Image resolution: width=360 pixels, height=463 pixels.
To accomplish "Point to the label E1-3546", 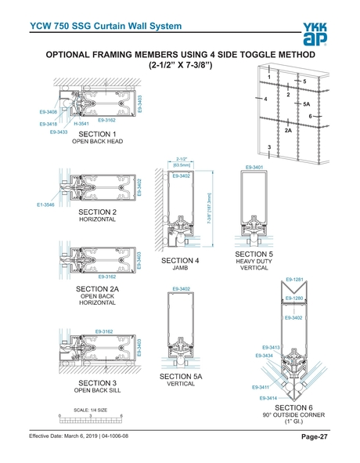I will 46,204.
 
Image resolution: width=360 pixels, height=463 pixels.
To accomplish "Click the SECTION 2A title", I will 98,289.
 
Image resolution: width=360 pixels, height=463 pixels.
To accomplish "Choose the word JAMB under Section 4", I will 181,267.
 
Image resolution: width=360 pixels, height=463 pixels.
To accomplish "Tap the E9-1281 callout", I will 294,279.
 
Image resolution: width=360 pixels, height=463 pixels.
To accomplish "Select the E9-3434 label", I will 265,356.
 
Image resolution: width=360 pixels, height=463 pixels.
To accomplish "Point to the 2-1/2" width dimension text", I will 181,158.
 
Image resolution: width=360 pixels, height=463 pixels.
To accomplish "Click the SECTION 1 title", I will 93,134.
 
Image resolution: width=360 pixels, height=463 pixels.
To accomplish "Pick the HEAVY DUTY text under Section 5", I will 254,261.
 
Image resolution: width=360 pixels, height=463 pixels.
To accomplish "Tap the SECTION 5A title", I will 181,376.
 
